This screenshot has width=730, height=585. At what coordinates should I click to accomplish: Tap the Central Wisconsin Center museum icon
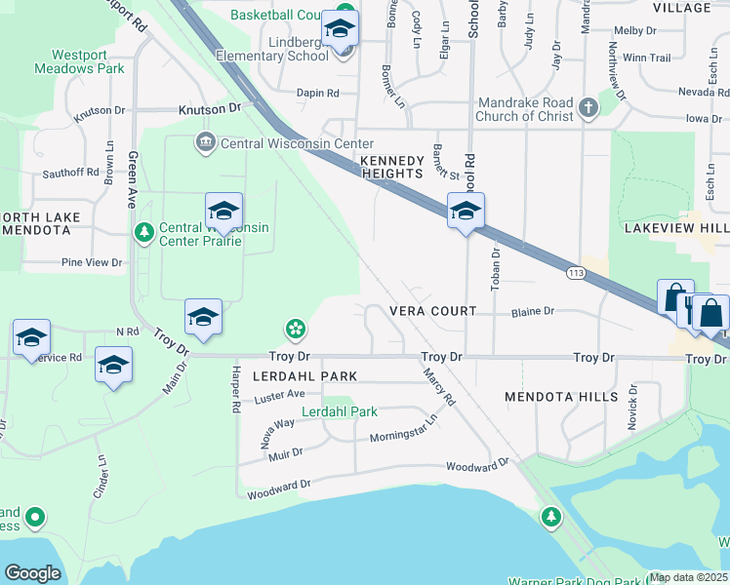[206, 143]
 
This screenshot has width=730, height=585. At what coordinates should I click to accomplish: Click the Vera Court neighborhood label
[432, 311]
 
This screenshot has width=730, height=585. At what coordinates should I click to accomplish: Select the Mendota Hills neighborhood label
[561, 397]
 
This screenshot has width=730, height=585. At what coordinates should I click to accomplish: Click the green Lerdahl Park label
[340, 411]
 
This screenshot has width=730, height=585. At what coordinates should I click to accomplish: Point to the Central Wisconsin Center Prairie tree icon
[144, 232]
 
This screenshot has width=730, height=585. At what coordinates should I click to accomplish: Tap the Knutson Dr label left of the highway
[209, 109]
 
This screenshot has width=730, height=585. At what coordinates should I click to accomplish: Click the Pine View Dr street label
[92, 262]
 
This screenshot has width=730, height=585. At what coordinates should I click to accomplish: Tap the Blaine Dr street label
[533, 311]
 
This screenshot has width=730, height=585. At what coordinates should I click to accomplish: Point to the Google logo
[33, 572]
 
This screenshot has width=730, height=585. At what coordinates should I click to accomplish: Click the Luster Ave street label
[279, 394]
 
